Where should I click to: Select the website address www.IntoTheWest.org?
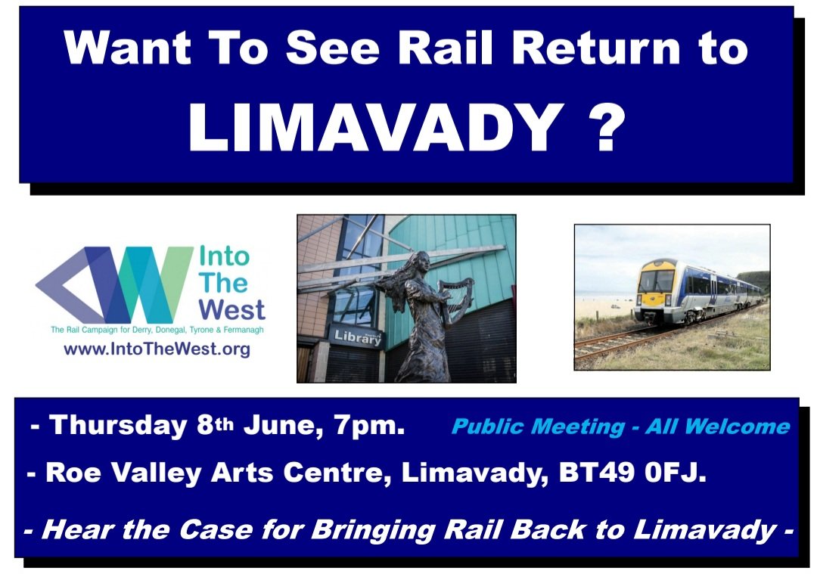click(157, 349)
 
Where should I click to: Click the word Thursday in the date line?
click(117, 425)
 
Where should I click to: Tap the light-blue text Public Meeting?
click(536, 427)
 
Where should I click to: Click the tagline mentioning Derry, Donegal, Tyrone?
click(157, 330)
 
